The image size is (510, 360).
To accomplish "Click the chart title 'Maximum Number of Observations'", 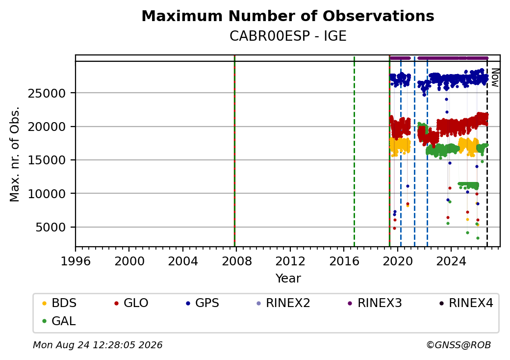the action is click(x=288, y=16).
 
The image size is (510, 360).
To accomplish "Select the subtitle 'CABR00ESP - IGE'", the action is click(x=288, y=36).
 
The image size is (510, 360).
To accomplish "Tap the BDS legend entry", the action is click(x=59, y=303).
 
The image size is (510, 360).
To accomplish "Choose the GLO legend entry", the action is click(x=131, y=303).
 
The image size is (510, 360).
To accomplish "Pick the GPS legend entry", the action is click(x=203, y=303).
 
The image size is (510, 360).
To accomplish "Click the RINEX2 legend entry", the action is click(x=283, y=303).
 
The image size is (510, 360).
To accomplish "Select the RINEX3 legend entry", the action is click(x=375, y=303).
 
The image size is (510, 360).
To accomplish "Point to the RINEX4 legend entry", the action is click(x=466, y=303).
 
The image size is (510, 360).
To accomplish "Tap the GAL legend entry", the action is click(x=59, y=321).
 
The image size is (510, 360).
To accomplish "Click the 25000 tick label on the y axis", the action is click(x=47, y=94).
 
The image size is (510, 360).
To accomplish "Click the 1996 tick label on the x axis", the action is click(x=76, y=261).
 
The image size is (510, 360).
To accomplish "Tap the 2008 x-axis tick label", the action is click(x=237, y=261).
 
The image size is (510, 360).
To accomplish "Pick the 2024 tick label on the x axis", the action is click(x=451, y=261).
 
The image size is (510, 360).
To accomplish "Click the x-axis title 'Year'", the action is click(x=288, y=279).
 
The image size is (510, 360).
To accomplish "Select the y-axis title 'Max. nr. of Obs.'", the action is click(x=15, y=154).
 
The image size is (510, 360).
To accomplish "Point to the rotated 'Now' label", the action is click(x=495, y=77).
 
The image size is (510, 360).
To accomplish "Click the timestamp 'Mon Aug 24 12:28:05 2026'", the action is click(x=98, y=345).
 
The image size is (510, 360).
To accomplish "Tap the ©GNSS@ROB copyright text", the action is click(x=459, y=345).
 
